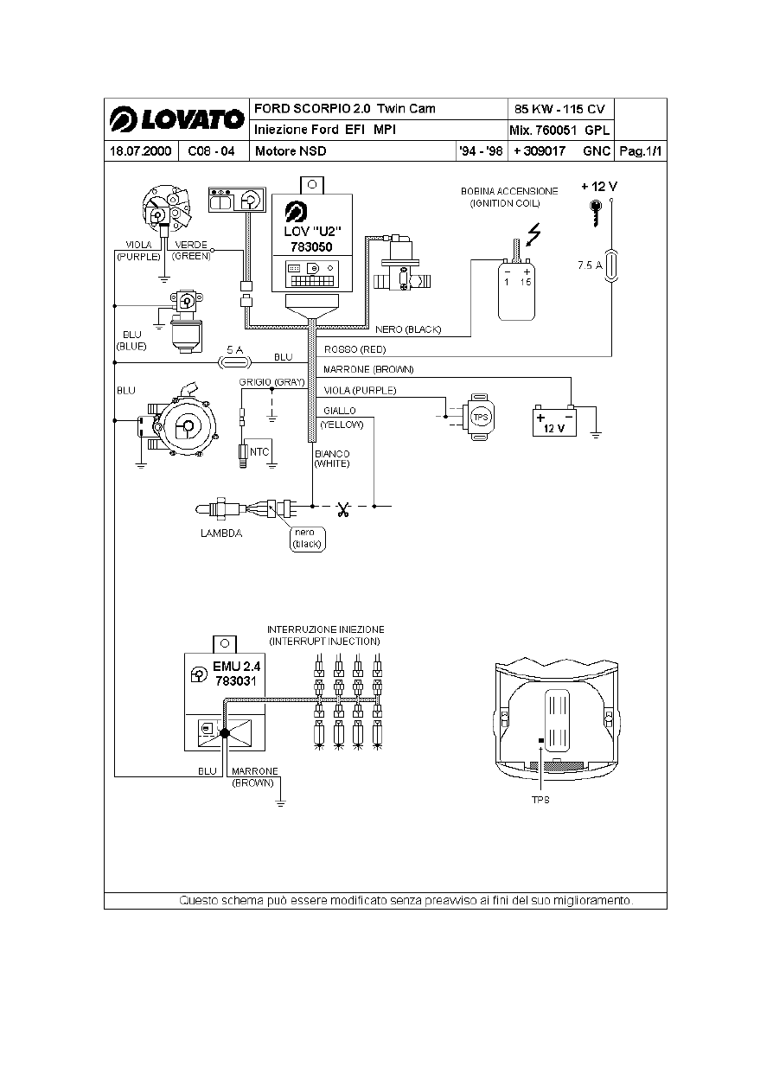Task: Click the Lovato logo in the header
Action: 176,119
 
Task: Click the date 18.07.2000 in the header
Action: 140,151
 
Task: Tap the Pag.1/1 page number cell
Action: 641,151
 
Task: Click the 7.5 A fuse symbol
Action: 611,265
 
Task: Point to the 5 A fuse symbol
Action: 234,362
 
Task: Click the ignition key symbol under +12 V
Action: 596,213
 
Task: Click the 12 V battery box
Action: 554,422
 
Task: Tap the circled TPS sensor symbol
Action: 481,418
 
